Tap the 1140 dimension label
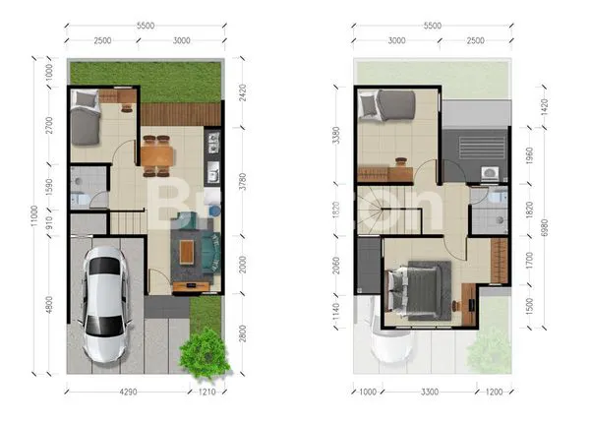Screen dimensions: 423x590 point(336,312)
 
